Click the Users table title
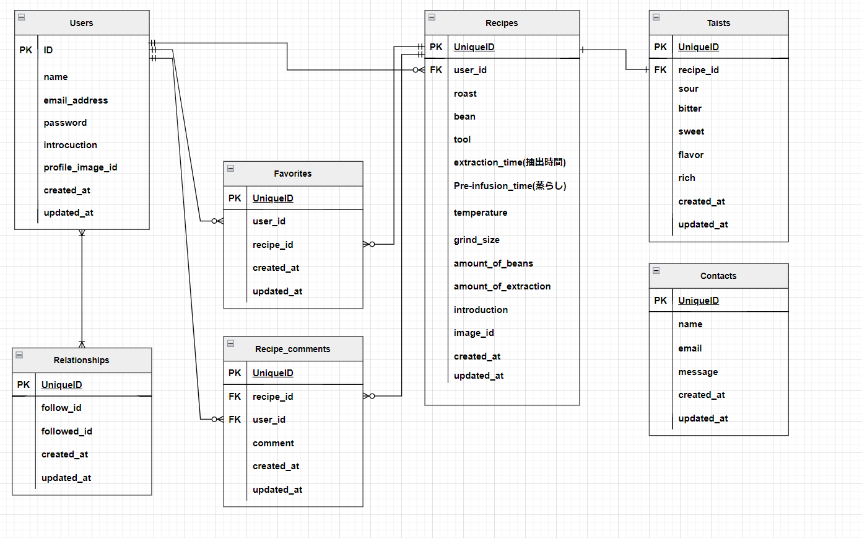click(81, 23)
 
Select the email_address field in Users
click(76, 100)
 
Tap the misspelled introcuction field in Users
click(70, 145)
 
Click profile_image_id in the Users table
click(81, 167)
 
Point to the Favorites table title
click(292, 174)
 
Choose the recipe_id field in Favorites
click(272, 245)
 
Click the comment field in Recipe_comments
click(273, 443)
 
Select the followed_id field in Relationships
click(67, 431)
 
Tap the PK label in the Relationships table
click(24, 385)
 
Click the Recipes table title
click(502, 23)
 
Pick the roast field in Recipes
click(465, 94)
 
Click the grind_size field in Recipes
click(476, 240)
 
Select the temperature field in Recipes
click(480, 213)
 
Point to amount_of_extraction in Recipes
click(502, 286)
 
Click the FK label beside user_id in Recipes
click(436, 70)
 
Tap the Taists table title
click(718, 23)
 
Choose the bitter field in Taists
click(690, 108)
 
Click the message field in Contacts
click(698, 372)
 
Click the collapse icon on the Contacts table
click(656, 270)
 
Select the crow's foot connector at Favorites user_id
click(217, 221)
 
